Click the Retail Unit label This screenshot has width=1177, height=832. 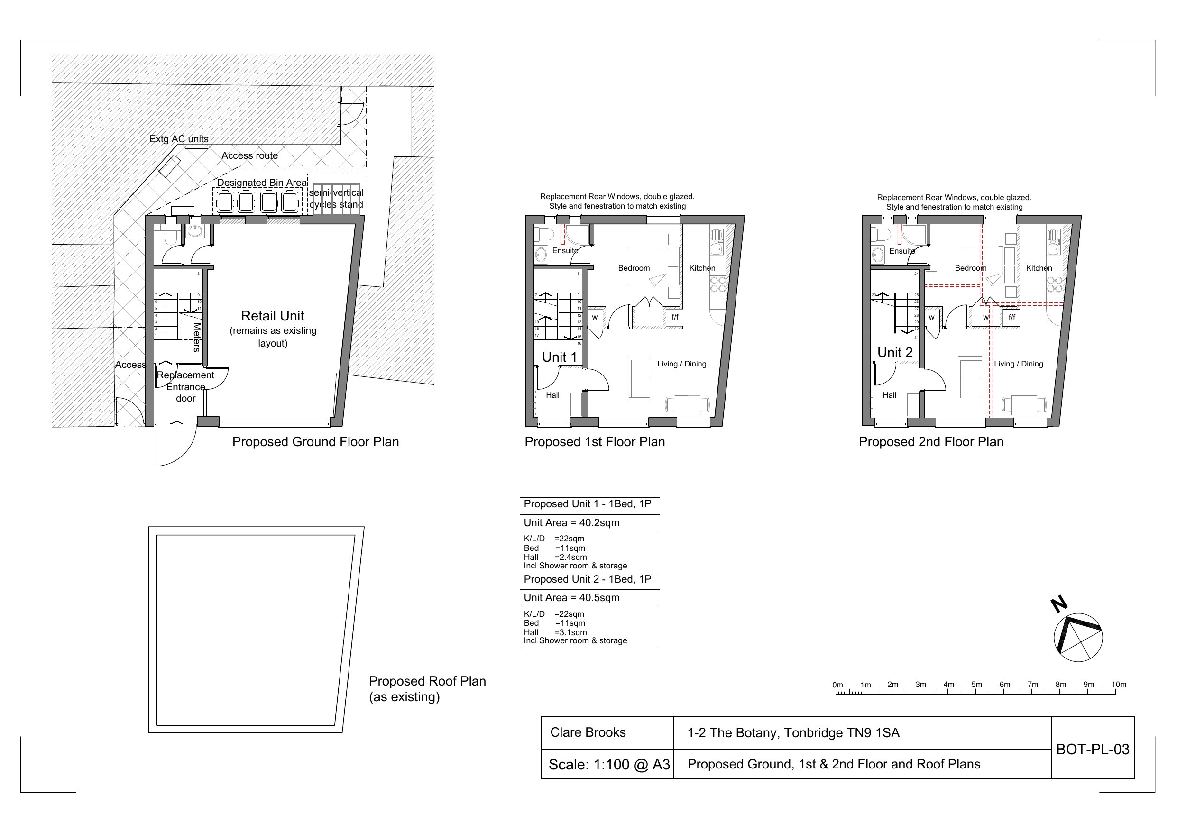coord(272,316)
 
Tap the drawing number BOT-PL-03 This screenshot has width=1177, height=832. coord(1092,750)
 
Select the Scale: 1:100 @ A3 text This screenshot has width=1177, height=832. coord(608,765)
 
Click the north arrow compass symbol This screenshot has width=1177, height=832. coord(1077,637)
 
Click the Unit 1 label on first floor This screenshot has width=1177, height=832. coord(559,357)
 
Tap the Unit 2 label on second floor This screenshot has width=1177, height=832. coord(895,353)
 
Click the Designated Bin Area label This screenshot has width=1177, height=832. coord(261,183)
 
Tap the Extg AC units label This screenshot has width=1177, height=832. coord(179,139)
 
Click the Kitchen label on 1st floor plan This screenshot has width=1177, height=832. coord(702,268)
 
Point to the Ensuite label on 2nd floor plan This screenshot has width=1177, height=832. coord(901,251)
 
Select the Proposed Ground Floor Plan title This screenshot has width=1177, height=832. coord(315,442)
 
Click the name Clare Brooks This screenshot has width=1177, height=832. coord(588,732)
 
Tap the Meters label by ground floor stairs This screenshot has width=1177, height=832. coord(197,337)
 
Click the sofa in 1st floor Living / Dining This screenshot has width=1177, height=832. coord(638,379)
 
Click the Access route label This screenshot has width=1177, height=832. coord(249,156)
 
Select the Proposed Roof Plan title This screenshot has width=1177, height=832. coord(427,681)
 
